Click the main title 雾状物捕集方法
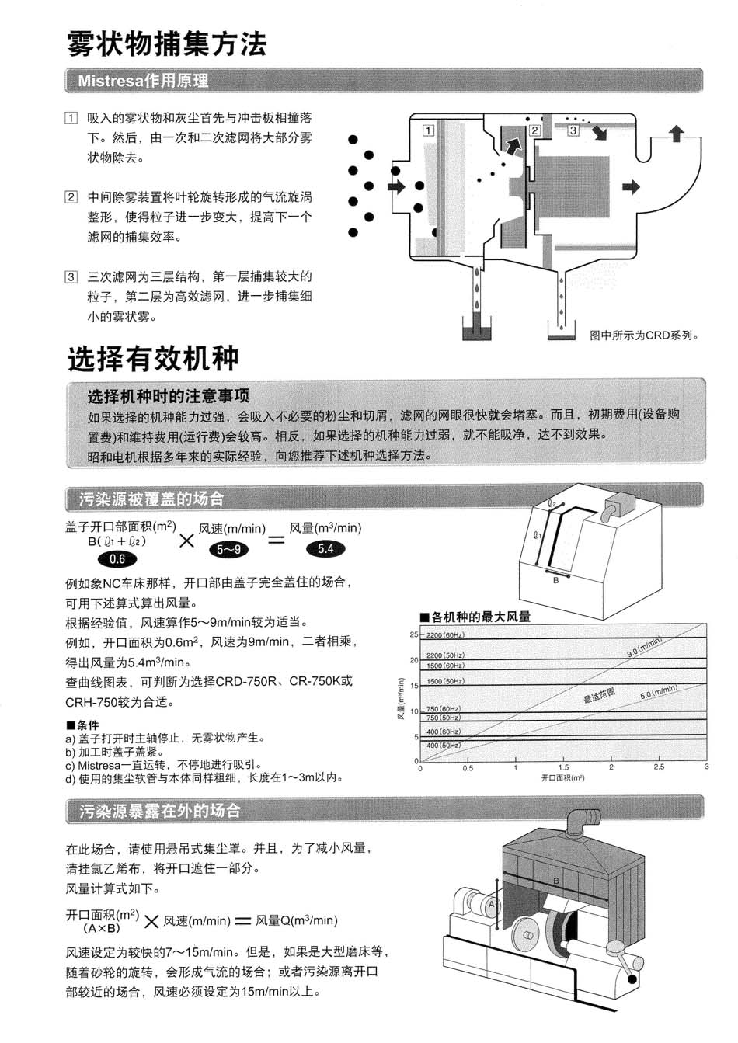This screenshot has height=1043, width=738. pos(167,43)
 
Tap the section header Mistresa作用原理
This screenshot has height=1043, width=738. pos(143,81)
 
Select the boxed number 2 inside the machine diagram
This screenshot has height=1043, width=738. pos(534,130)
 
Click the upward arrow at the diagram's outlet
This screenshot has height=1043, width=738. pos(677,134)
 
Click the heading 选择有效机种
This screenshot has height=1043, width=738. pos(153,359)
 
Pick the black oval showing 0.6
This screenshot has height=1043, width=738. pos(117,559)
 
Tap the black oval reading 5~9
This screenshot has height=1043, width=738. pos(228,550)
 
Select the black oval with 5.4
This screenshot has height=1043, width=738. pos(325,549)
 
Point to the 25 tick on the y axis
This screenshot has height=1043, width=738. pos(413,635)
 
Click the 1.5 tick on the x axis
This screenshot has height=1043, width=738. pos(563,767)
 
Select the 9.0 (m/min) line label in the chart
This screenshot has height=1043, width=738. pos(644,648)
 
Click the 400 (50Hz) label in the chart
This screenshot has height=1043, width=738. pos(444,746)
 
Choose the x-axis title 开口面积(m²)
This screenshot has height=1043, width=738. pos(562,777)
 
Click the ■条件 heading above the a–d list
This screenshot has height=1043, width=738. pos(82,725)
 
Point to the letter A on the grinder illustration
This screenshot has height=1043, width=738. pos(491,904)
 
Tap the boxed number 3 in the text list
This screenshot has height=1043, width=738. pos(71,277)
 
